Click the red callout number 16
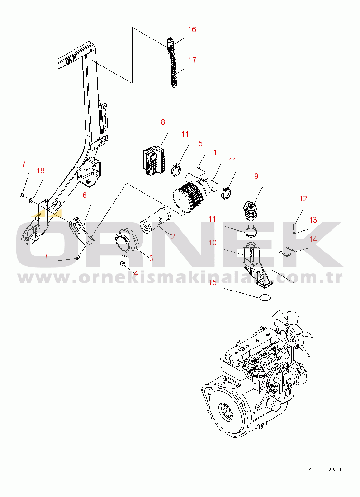[192, 29]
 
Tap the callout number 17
[192, 60]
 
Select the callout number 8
[163, 122]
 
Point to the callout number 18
[40, 170]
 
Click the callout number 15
[212, 282]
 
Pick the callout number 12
[303, 198]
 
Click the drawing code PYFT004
[325, 469]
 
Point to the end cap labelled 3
[126, 241]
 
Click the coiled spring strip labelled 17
[174, 70]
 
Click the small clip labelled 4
[122, 263]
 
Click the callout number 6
[85, 195]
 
